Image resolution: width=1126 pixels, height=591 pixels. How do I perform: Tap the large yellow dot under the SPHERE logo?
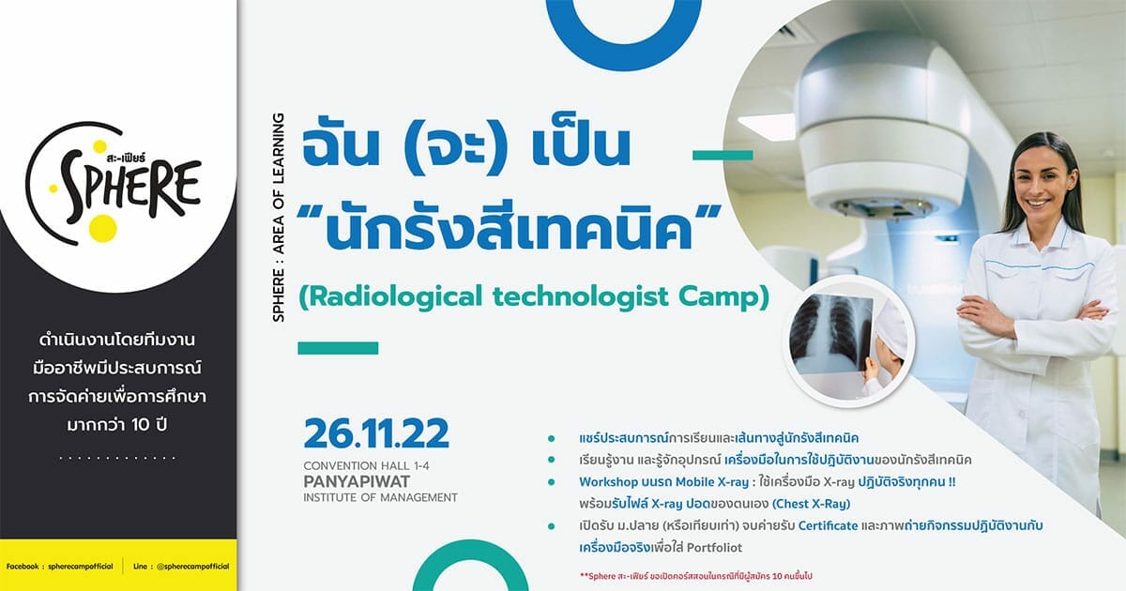[x=102, y=228]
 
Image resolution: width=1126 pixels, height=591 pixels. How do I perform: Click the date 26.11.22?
[x=376, y=433]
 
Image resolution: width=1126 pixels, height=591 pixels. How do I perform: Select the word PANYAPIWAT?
[x=357, y=481]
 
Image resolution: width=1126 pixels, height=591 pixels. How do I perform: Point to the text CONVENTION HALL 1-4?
[x=366, y=466]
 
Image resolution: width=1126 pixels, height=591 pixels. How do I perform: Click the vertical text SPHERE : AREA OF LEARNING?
[x=278, y=217]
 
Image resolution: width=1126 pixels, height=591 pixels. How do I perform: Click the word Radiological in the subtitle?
[x=396, y=296]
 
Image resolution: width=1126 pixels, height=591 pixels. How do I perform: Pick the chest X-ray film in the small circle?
[x=830, y=334]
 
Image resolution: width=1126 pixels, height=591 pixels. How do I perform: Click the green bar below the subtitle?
[x=338, y=348]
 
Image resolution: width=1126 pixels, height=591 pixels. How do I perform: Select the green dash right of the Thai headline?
[x=723, y=155]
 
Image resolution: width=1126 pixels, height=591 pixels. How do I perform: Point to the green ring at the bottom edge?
[x=470, y=553]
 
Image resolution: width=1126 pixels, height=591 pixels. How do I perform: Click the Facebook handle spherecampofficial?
[x=81, y=567]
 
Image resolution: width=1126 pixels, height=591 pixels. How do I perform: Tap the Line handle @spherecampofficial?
[x=193, y=567]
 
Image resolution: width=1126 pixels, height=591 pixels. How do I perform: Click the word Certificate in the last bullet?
[x=828, y=525]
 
